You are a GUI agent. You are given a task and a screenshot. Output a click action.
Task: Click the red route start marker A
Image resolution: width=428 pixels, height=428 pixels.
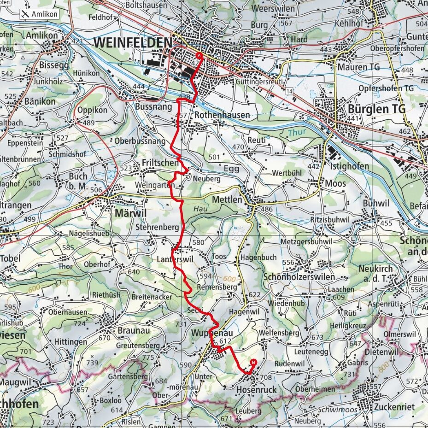tap(199, 56)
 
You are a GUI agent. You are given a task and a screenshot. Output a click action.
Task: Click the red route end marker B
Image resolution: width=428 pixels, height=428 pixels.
tap(252, 362)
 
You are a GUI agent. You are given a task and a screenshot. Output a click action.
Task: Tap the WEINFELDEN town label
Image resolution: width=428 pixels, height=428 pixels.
tap(133, 42)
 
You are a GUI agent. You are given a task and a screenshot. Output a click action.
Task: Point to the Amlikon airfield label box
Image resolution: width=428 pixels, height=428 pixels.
tap(40, 14)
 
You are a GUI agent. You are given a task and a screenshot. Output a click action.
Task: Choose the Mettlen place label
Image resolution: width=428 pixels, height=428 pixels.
tap(227, 200)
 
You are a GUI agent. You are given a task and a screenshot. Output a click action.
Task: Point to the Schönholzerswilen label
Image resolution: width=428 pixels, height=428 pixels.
tap(299, 277)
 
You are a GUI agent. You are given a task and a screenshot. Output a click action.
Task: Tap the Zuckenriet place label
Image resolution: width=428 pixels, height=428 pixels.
tap(394, 407)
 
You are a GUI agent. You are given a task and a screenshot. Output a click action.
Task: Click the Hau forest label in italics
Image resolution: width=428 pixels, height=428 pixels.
tap(199, 208)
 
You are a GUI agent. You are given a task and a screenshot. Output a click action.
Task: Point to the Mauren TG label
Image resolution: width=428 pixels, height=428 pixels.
tap(358, 67)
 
